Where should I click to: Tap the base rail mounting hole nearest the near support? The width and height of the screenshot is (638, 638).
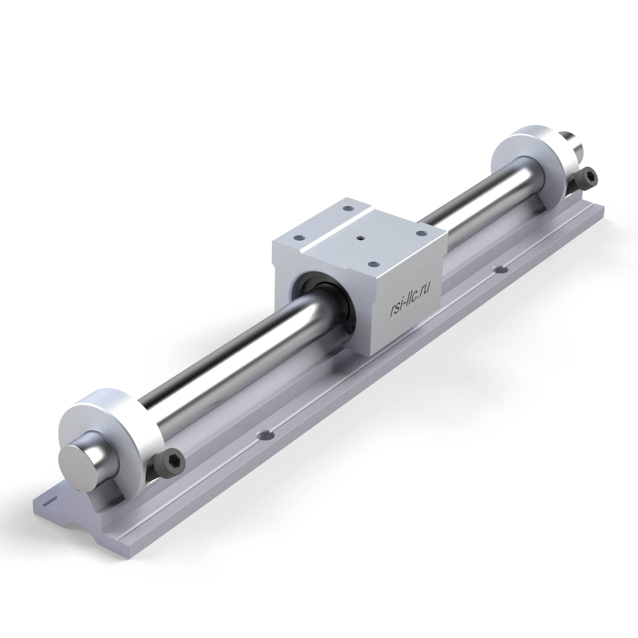(x=267, y=436)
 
